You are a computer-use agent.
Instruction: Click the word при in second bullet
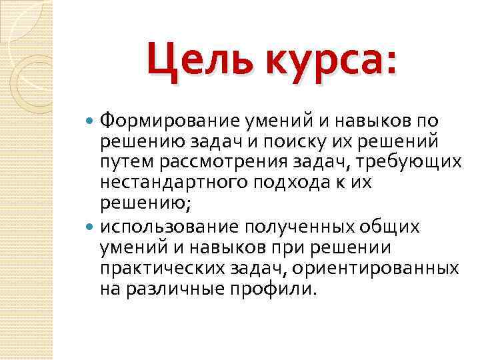pos(303,248)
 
